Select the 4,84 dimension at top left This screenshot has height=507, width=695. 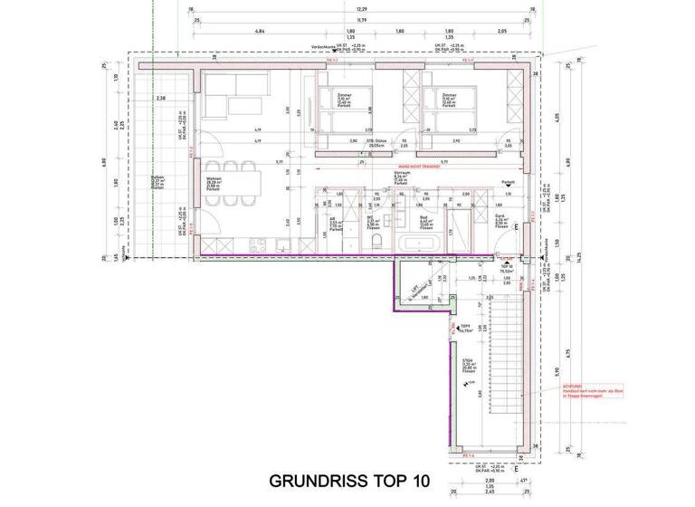pos(260,31)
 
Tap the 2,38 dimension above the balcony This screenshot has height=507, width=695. pos(162,98)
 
